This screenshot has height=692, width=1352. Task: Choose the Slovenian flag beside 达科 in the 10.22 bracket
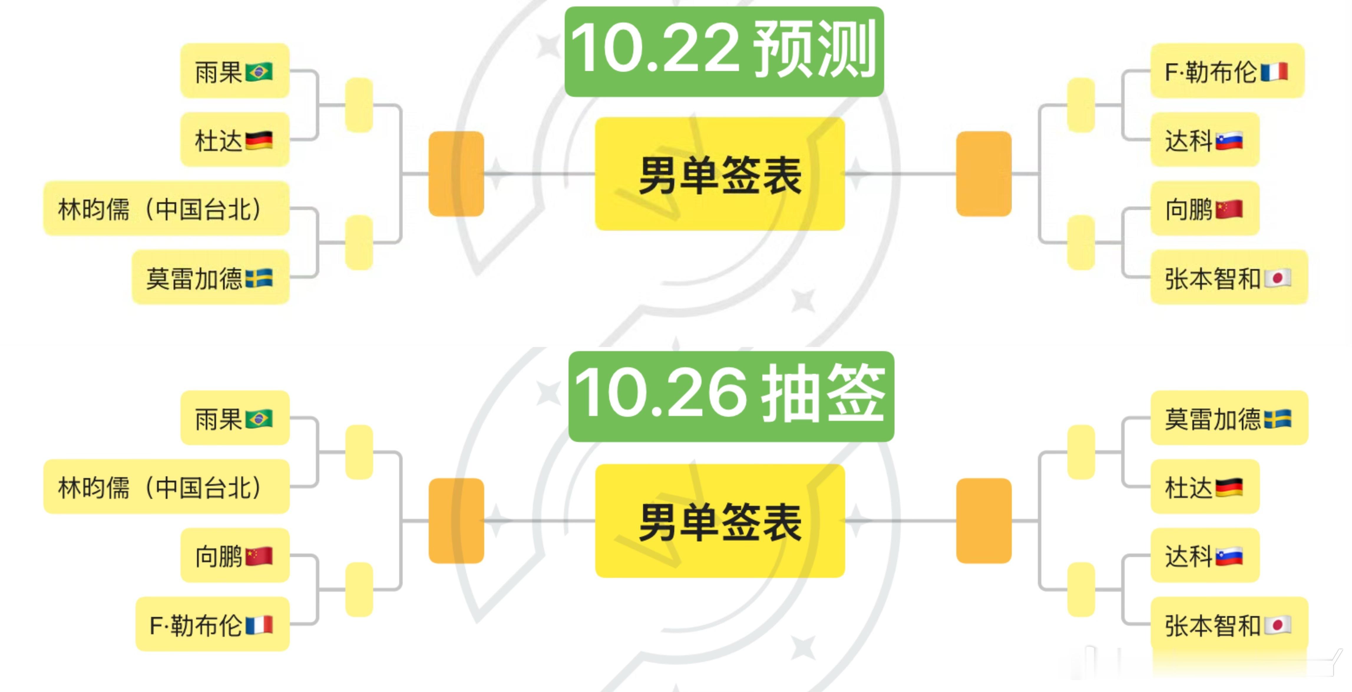coord(1229,140)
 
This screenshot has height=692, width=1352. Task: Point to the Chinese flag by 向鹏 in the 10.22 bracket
coord(1229,209)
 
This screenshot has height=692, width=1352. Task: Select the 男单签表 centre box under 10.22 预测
coord(720,174)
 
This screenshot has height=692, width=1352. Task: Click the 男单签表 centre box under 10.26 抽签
coord(720,521)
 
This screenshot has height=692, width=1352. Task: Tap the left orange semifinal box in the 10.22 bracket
coord(456,174)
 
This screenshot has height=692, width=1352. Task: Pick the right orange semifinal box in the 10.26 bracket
coord(984,521)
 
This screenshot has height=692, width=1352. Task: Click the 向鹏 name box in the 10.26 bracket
coord(234,556)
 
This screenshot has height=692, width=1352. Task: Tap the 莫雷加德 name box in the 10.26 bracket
coord(1229,418)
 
